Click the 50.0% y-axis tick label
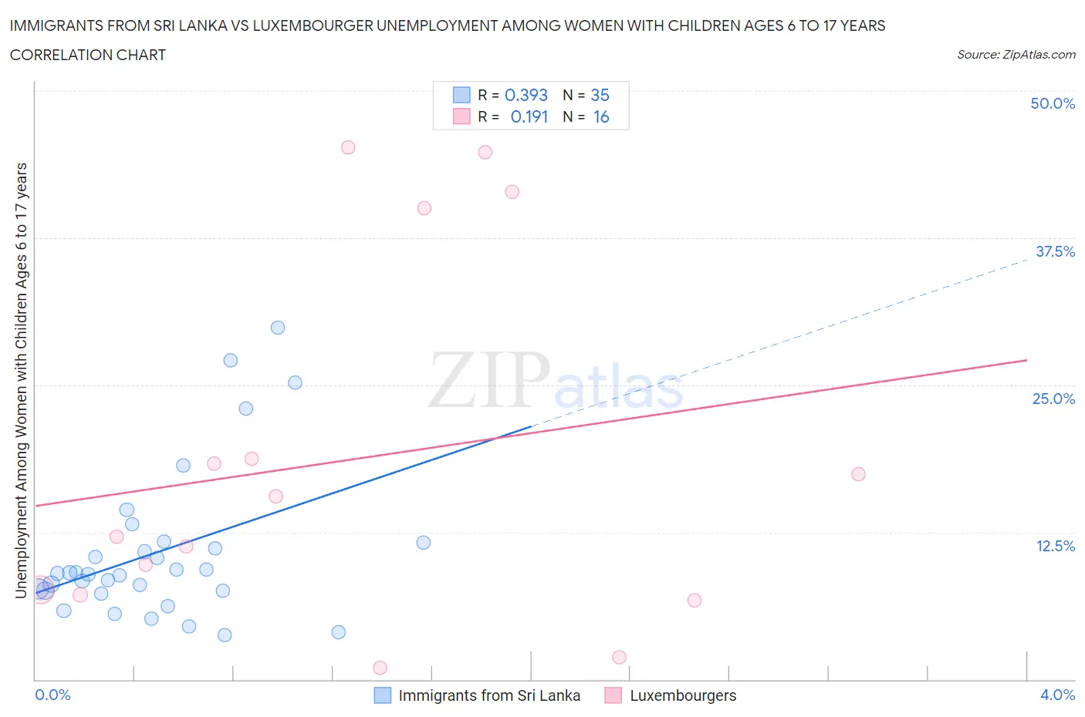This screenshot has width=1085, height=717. click(1053, 103)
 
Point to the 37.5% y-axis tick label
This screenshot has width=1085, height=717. click(1055, 251)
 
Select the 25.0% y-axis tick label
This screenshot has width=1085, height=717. click(1053, 399)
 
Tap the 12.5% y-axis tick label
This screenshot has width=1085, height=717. click(1055, 546)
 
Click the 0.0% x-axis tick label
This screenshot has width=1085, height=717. click(52, 695)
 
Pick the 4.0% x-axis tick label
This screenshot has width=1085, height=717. click(1057, 695)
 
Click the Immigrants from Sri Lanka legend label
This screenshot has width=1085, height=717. click(489, 695)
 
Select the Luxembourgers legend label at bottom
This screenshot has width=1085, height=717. click(683, 695)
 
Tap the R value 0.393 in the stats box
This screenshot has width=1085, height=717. click(526, 95)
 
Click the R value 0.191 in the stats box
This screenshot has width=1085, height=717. click(529, 116)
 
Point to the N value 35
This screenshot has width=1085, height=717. click(600, 95)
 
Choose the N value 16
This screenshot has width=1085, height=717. click(601, 116)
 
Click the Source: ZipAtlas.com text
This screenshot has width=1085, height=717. click(1016, 55)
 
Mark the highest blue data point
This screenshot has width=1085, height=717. click(278, 328)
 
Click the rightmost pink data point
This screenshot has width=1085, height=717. click(858, 474)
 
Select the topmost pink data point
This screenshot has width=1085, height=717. click(348, 147)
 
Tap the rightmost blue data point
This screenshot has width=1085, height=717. click(423, 543)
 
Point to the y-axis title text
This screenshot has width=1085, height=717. click(22, 380)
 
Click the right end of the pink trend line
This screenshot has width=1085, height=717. click(1026, 360)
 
